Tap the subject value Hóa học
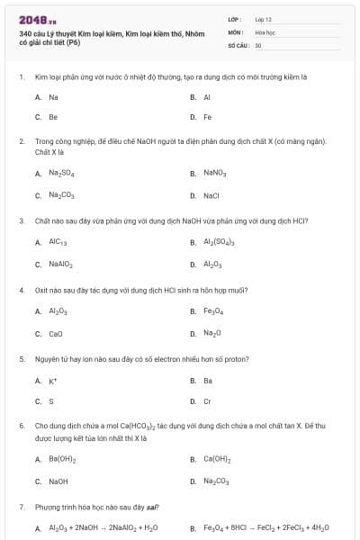click(265, 31)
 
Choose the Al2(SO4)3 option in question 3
click(218, 242)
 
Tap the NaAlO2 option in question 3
click(61, 265)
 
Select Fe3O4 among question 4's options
click(214, 311)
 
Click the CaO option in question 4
click(55, 333)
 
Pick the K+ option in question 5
click(53, 381)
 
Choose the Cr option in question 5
click(207, 401)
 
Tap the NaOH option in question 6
click(58, 481)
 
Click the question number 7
click(21, 508)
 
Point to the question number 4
click(21, 291)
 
